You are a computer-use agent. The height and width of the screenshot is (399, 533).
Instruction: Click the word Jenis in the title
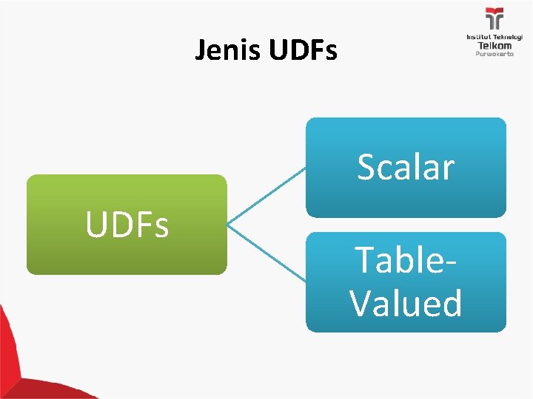pos(227,50)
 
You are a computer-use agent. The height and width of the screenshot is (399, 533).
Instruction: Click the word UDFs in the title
pos(303,50)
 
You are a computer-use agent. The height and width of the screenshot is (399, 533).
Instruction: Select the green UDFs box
pos(127,225)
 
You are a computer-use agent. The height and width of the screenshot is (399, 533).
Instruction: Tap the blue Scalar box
pos(406,168)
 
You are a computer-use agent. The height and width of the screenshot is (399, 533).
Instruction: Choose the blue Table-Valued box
pos(406,282)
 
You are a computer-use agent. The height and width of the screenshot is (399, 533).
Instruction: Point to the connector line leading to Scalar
pos(266,196)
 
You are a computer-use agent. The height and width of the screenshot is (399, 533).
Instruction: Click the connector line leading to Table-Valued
pos(266,253)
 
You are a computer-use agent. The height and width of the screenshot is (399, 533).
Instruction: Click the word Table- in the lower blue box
pos(405,259)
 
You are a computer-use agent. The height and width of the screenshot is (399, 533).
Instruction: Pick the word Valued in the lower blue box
pos(406,302)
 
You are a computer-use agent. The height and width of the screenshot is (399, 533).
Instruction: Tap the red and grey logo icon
pos(495,18)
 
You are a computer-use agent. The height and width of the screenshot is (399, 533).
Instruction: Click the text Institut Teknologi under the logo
pos(495,37)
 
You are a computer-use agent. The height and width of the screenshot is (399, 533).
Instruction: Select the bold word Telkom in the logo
pos(495,46)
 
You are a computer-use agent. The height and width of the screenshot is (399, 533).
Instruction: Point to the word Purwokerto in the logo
pos(495,54)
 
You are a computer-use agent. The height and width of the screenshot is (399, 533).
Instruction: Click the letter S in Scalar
pos(367,166)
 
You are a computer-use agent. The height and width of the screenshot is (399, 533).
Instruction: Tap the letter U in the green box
pos(95,223)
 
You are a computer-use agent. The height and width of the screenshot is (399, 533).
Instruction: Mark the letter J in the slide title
pos(201,50)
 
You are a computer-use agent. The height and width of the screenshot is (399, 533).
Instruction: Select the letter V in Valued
pos(361,302)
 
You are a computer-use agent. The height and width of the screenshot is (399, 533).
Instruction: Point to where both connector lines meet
pos(227,225)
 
